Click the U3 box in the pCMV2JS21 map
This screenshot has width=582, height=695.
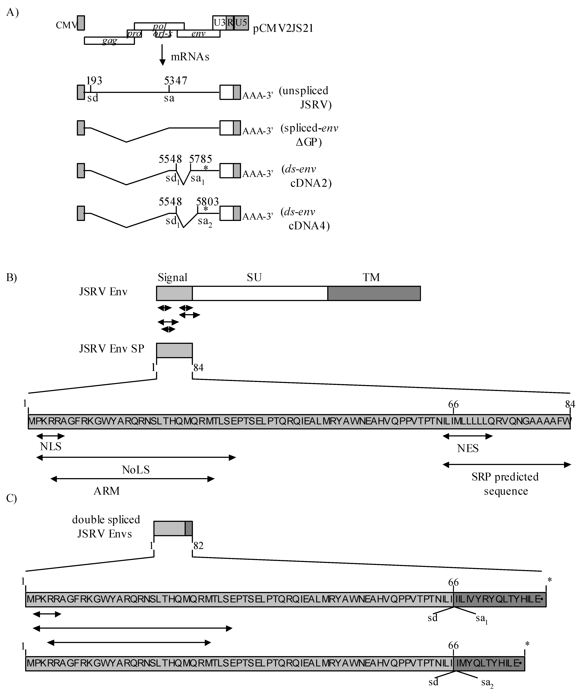click(x=219, y=23)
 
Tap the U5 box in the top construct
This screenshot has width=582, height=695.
click(x=241, y=23)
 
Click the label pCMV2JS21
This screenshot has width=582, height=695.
click(x=283, y=29)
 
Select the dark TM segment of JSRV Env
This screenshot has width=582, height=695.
click(x=374, y=293)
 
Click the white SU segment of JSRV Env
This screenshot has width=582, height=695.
click(x=260, y=293)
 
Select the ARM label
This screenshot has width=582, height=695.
click(x=107, y=490)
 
